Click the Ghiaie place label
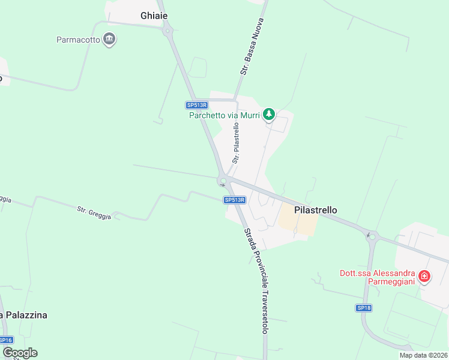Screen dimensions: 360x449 154,16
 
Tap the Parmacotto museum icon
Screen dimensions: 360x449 109,40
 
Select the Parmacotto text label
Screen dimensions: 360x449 79,41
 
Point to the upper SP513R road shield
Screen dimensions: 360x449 196,105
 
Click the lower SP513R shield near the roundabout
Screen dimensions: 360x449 235,200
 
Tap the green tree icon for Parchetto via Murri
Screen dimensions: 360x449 270,114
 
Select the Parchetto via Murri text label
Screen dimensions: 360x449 224,115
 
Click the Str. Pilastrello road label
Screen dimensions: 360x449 236,143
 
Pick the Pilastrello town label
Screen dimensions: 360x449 316,210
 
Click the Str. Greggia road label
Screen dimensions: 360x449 94,212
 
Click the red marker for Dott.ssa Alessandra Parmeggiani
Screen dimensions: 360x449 424,276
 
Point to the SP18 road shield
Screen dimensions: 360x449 364,308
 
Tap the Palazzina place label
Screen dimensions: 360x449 24,315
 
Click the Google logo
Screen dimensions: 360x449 20,353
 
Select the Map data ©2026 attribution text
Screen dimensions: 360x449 423,355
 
